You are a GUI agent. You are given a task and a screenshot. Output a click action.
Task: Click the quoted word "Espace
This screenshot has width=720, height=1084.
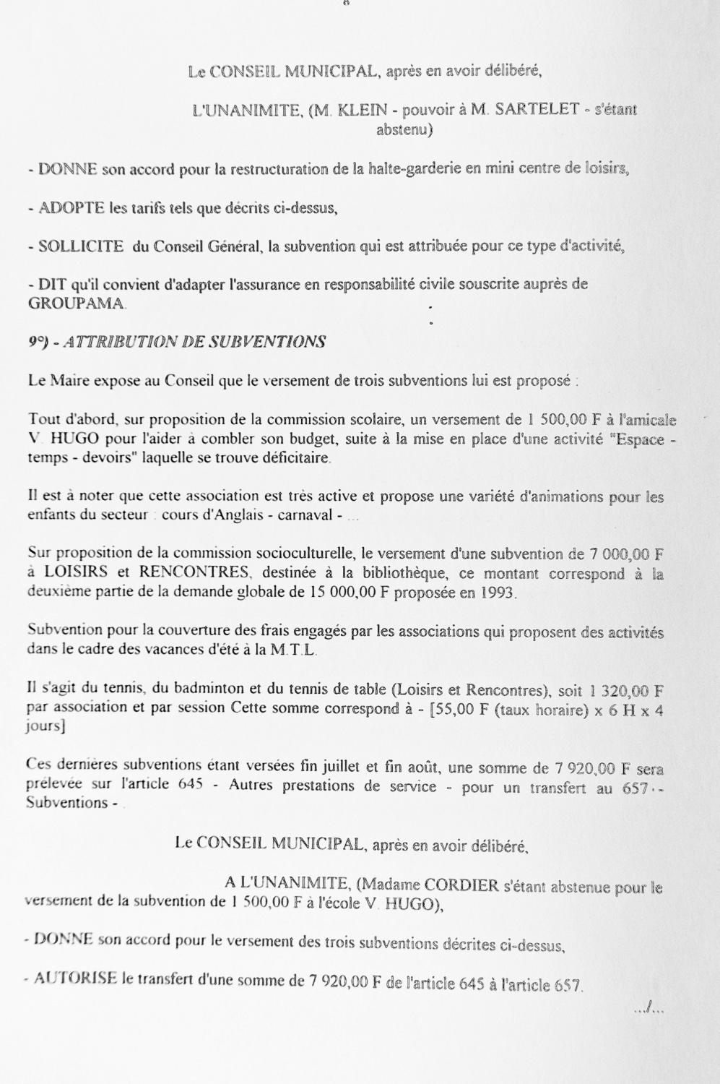click(637, 439)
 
